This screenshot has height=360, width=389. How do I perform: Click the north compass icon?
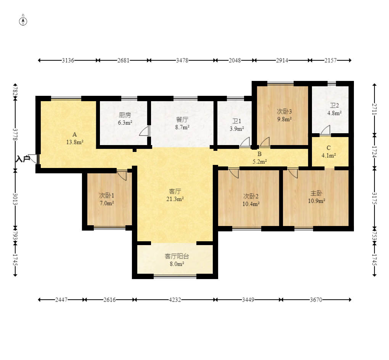click(x=23, y=21)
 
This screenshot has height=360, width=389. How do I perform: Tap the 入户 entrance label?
click(x=23, y=159)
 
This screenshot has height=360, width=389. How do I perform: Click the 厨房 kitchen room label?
click(x=125, y=115)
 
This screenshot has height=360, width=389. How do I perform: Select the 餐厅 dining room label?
click(x=182, y=119)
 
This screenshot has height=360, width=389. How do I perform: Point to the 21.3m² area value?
click(x=175, y=199)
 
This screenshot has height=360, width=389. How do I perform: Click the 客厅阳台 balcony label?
click(x=177, y=256)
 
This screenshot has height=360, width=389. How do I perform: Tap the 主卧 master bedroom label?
click(x=316, y=193)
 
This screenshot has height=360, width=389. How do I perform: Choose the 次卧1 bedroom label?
click(x=107, y=195)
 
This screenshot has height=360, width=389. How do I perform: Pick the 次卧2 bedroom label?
click(x=251, y=196)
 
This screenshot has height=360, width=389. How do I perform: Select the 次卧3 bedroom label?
click(x=284, y=111)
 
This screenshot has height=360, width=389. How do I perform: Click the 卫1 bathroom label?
click(x=237, y=121)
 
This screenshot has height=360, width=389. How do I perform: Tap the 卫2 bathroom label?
click(x=334, y=105)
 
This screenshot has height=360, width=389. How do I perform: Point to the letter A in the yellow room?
click(x=75, y=134)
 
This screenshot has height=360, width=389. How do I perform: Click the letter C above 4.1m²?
click(x=329, y=148)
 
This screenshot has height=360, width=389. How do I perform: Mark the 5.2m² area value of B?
click(x=260, y=161)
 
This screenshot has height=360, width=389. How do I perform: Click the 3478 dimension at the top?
click(x=182, y=60)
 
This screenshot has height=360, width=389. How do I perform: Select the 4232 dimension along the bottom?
click(x=175, y=300)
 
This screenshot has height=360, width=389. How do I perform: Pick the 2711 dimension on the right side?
click(x=375, y=109)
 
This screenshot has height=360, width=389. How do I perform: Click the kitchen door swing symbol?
click(x=145, y=131)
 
